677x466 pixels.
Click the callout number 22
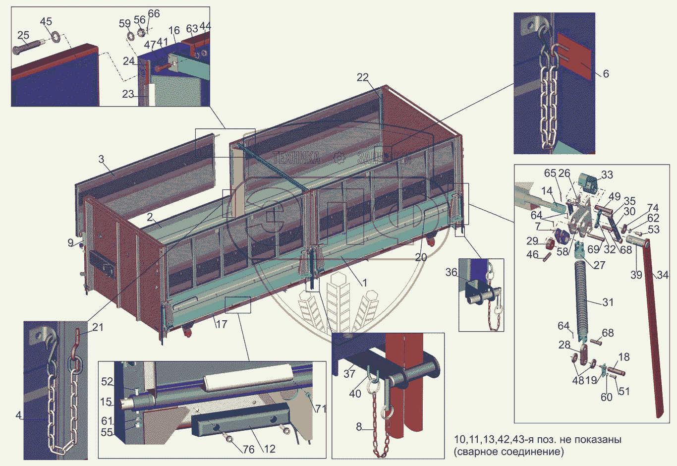363,77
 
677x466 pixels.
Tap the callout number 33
607,175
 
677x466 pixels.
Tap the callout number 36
451,272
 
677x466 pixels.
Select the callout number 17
221,324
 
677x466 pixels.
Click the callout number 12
270,449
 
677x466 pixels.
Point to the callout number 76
248,449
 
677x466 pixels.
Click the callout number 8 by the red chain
359,427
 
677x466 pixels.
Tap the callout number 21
98,327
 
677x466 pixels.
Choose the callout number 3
101,159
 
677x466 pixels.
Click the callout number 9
71,243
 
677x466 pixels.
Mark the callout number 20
421,257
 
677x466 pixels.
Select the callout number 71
321,408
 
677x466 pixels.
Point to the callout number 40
355,394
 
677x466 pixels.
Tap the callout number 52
107,382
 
